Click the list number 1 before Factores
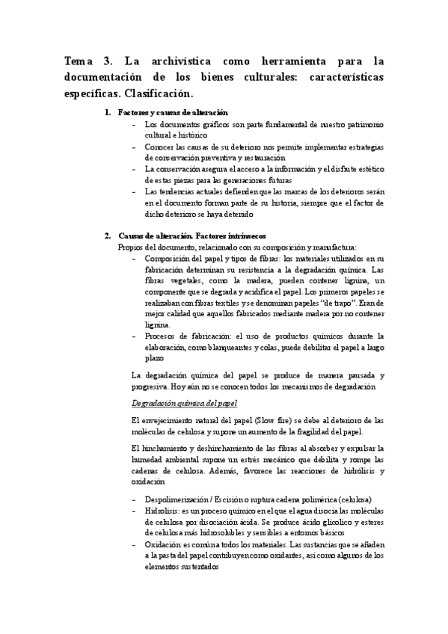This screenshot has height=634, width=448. point(108,112)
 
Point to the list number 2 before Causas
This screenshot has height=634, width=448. point(108,236)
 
